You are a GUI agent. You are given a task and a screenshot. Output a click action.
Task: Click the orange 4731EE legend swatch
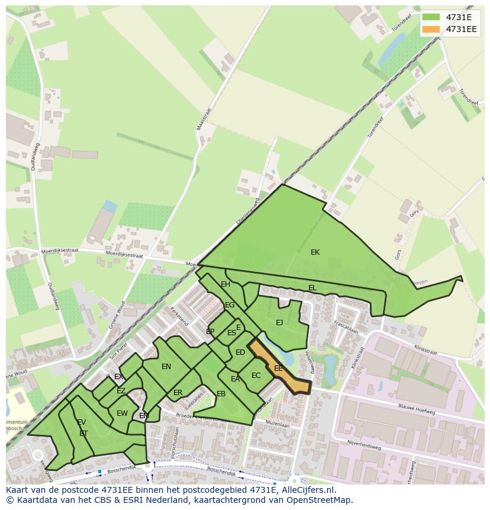[431, 30]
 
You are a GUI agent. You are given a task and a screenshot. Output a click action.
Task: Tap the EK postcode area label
[315, 252]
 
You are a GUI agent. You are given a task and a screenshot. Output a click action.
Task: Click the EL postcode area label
[312, 288]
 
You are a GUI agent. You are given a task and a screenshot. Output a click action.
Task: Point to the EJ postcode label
[279, 323]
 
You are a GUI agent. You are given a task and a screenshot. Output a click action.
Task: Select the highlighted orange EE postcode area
[278, 368]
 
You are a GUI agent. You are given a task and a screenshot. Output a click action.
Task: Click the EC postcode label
[256, 376]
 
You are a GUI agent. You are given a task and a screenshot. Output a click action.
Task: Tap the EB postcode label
[221, 394]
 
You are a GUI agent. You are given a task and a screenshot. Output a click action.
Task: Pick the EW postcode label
[122, 413]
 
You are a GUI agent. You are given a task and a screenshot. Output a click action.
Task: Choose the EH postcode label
[225, 284]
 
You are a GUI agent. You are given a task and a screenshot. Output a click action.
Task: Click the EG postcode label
[230, 305]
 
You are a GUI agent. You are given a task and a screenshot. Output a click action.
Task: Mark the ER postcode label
[178, 393]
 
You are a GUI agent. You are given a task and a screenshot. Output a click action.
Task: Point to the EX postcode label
[119, 377]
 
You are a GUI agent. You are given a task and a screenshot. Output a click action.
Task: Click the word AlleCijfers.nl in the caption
[308, 490]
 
